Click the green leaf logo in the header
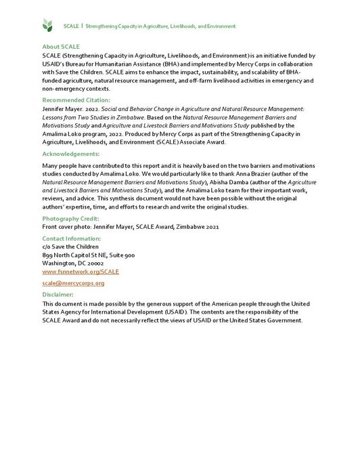(47, 26)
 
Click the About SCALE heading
(61, 46)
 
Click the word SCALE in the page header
(70, 26)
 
